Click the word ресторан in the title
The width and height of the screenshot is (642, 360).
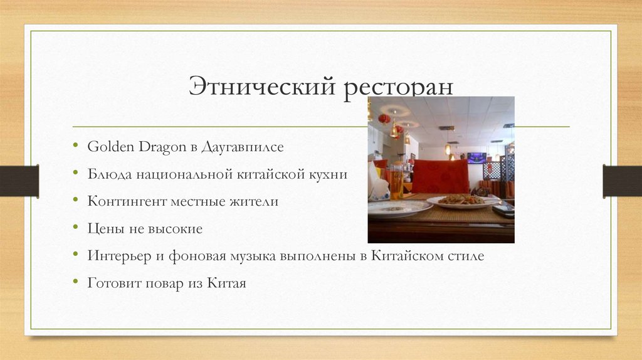(x=397, y=87)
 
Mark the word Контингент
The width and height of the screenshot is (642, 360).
(x=123, y=202)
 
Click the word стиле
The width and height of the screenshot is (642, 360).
(x=465, y=257)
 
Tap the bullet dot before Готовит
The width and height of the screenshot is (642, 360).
(x=75, y=283)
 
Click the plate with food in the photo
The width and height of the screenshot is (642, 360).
(x=462, y=201)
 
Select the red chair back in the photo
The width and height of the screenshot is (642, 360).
(x=440, y=176)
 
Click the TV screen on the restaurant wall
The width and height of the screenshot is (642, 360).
(x=476, y=157)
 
